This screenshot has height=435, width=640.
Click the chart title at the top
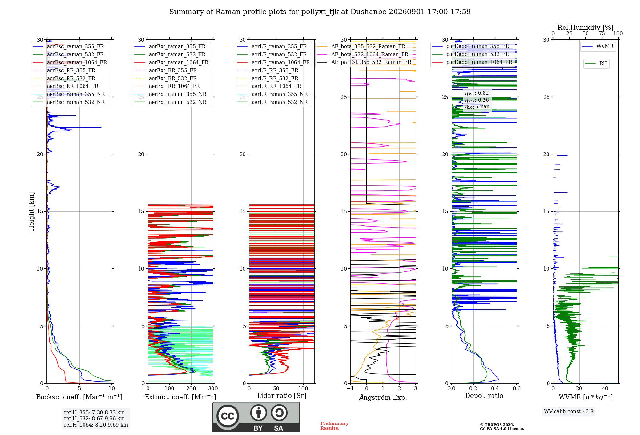[x=320, y=12]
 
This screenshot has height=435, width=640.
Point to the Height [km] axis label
[x=31, y=211]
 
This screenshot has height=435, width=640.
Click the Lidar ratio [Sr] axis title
[x=282, y=396]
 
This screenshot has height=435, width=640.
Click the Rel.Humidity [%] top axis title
[x=586, y=28]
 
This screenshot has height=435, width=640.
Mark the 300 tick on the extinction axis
[x=213, y=388]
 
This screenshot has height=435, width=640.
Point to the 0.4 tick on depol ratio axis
[x=495, y=388]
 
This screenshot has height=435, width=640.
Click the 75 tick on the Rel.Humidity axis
[x=602, y=33]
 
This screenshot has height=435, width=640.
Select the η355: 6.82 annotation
[x=477, y=93]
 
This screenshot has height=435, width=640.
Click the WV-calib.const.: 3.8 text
[x=569, y=411]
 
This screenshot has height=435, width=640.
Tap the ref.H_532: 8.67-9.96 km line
[x=94, y=418]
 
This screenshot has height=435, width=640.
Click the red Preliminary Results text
[x=334, y=426]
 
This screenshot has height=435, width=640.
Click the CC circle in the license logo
[x=228, y=416]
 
